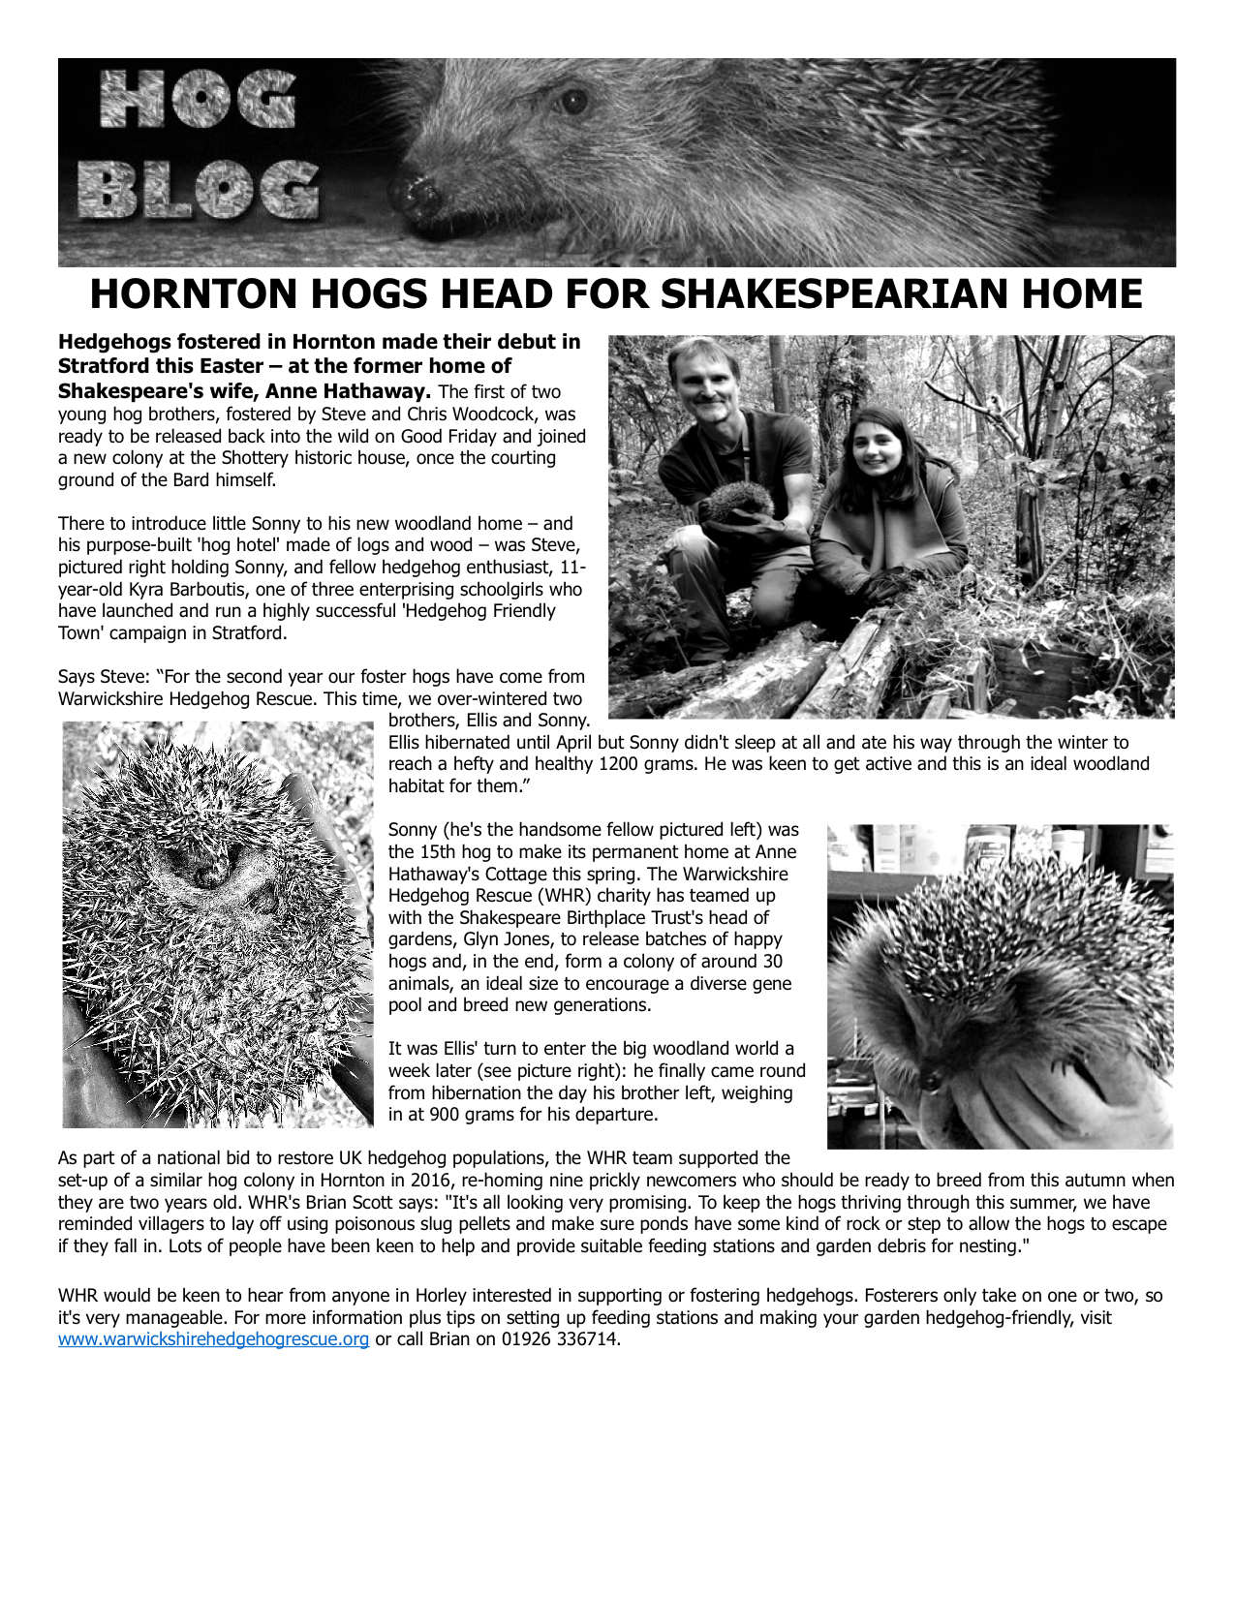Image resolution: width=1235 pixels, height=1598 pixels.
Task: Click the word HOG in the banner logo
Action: pos(198,100)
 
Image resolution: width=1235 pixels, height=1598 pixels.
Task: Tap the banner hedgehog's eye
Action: pos(573,101)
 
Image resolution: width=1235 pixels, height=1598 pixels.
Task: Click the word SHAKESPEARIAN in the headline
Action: pos(832,293)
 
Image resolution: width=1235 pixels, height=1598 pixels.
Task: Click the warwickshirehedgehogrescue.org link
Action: pos(213,1339)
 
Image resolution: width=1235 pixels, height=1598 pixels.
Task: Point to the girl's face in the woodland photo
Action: pos(871,445)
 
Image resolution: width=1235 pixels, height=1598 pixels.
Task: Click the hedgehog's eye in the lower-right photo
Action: pos(933,1078)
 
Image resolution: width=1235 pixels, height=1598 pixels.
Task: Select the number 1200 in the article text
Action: pos(619,764)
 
